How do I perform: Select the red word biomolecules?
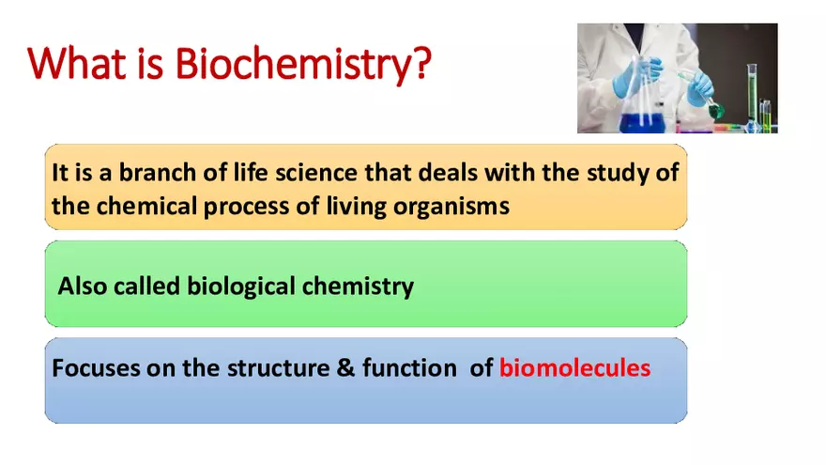point(574,368)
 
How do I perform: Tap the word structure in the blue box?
point(277,368)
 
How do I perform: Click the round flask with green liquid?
point(715,110)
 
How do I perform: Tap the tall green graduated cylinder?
point(752,94)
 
